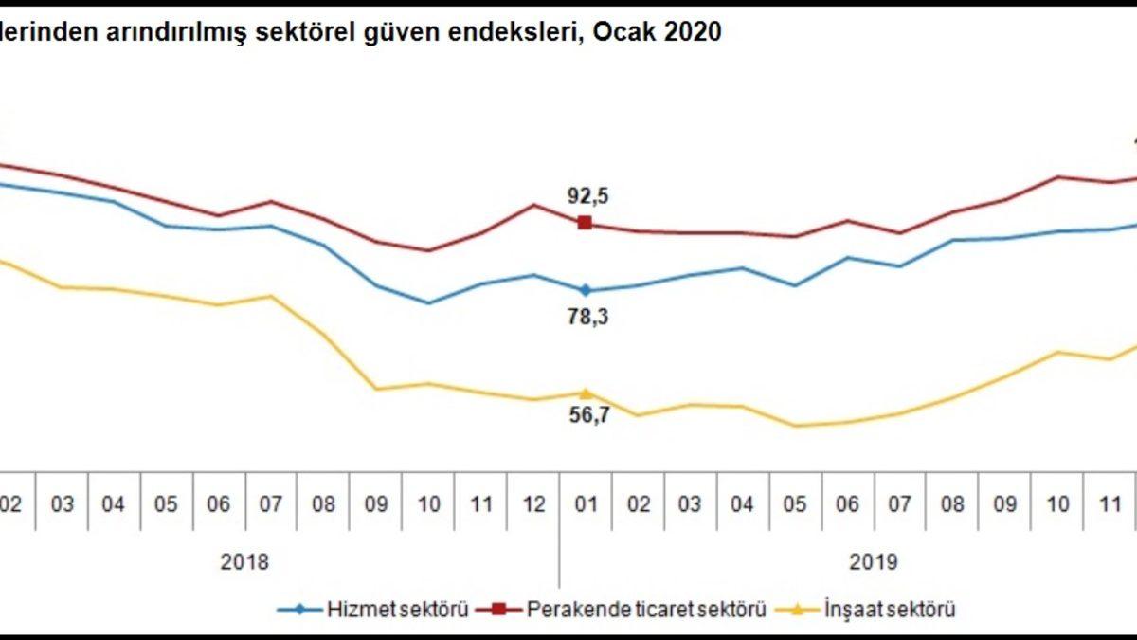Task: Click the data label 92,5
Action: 587,197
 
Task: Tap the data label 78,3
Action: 587,318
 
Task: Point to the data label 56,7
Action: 587,415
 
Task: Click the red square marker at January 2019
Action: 585,223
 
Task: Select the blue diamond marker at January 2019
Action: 586,290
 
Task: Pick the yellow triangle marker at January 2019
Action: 586,392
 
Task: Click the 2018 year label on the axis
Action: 244,562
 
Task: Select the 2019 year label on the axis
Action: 873,562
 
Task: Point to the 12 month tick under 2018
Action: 534,504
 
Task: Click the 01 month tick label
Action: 587,504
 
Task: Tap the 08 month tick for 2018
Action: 324,504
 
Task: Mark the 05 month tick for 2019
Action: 794,504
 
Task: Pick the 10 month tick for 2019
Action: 1058,504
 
